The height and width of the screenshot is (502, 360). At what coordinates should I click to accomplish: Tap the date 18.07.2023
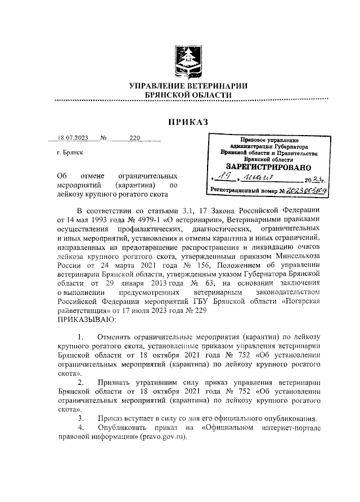(72, 137)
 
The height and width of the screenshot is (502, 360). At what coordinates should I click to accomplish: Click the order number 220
(134, 137)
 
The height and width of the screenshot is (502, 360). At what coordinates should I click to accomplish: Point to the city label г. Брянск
(70, 153)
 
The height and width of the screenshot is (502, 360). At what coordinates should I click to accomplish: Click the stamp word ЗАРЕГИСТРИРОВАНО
(268, 167)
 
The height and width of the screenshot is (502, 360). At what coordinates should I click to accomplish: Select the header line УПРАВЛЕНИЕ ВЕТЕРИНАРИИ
(188, 86)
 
